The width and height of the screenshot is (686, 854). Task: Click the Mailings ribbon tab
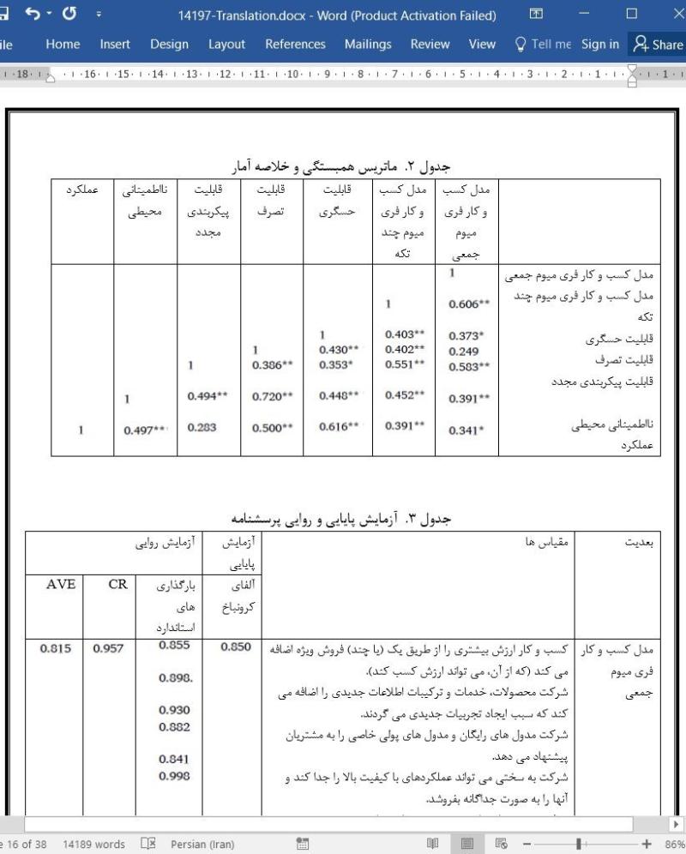pos(367,45)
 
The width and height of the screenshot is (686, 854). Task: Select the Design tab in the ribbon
pos(169,45)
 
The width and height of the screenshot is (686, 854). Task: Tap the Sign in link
pos(599,45)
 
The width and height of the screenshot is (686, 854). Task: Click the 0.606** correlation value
pos(469,304)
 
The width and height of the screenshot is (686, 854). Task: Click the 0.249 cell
pos(463,352)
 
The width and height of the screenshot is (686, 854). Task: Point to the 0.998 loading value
pos(175,777)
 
